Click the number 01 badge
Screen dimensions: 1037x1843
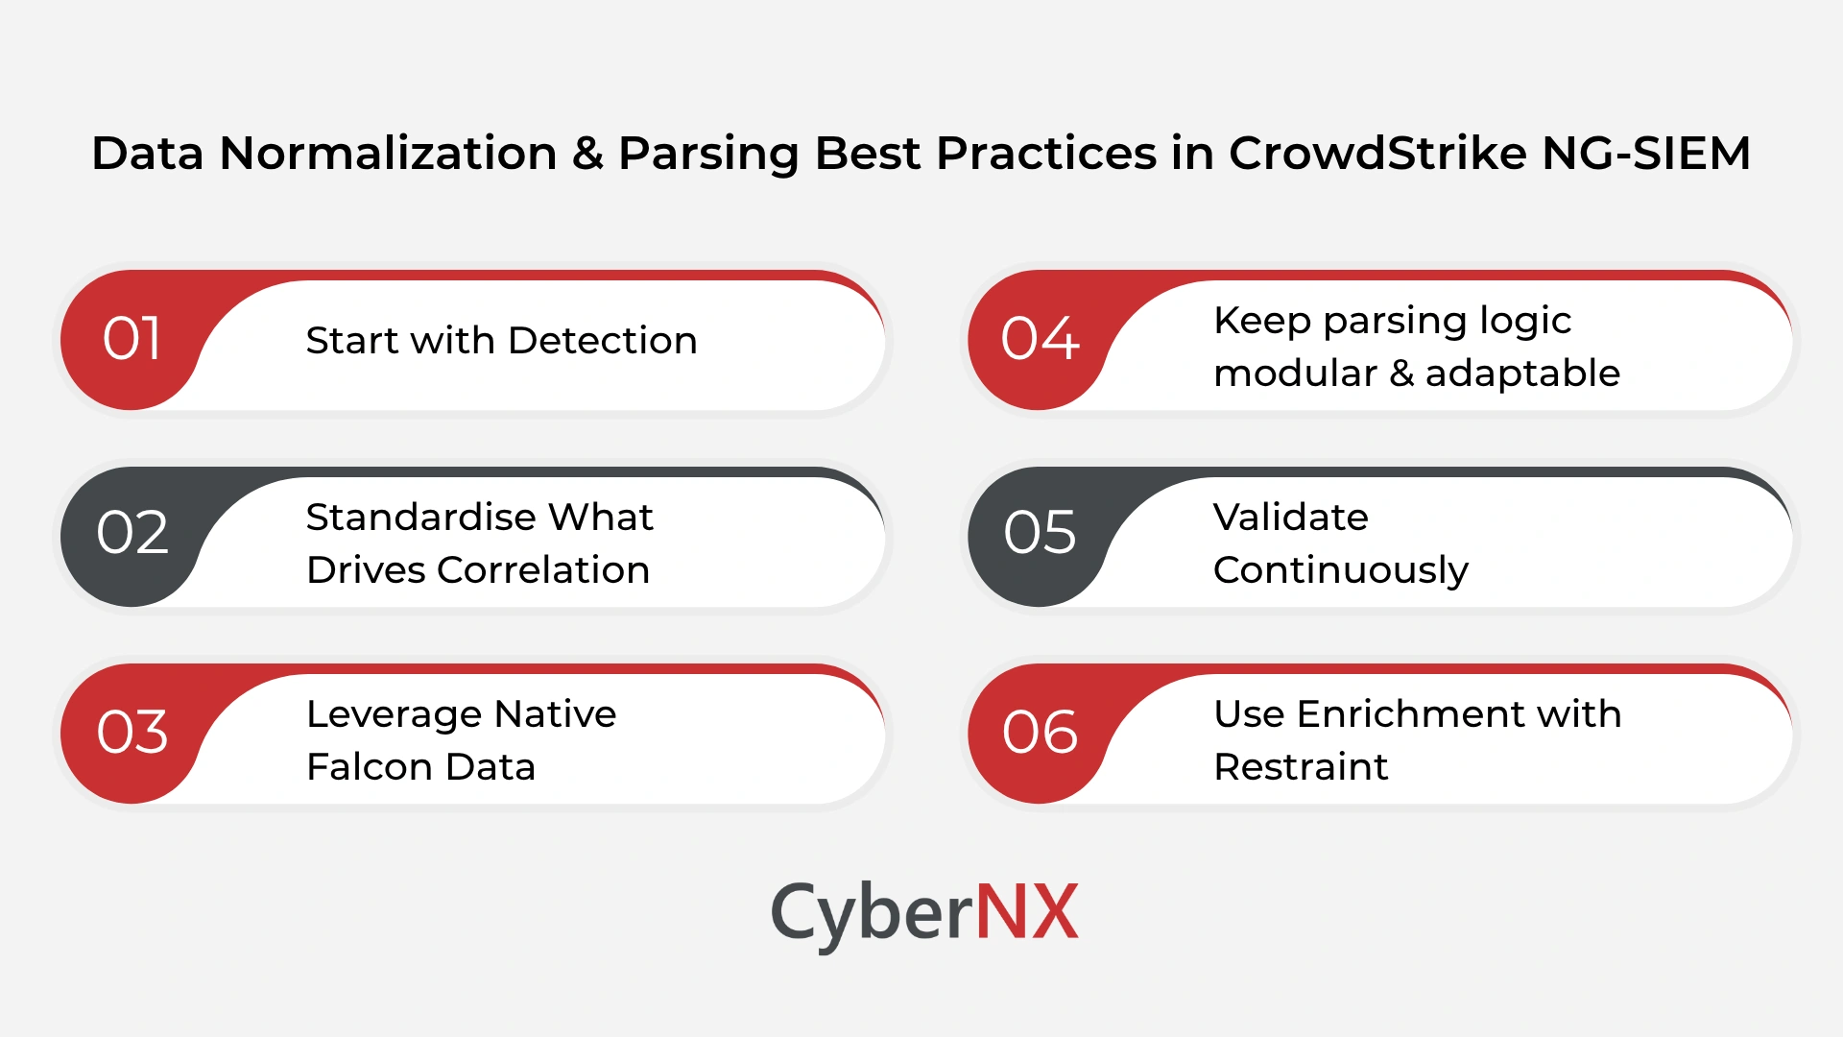(132, 339)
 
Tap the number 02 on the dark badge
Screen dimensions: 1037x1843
(132, 533)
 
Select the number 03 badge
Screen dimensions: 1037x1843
(132, 733)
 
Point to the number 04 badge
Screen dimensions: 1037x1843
(1040, 339)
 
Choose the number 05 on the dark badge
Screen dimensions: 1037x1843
(1040, 533)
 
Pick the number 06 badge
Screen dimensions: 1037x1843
(1040, 733)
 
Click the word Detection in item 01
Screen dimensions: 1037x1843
(602, 341)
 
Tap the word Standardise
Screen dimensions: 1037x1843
(420, 518)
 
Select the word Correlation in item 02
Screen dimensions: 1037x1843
(543, 570)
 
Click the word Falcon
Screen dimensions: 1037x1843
(370, 767)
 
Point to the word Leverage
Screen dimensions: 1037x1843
(393, 714)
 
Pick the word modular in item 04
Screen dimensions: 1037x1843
(1295, 374)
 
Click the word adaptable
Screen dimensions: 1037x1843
(1522, 374)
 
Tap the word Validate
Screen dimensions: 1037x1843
(1290, 518)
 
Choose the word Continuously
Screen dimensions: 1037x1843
(1341, 571)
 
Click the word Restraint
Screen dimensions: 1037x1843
(1301, 767)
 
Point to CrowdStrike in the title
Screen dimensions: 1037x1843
(1377, 154)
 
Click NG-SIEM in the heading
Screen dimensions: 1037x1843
(1646, 154)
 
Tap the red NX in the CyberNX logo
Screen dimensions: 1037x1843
(1026, 912)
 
